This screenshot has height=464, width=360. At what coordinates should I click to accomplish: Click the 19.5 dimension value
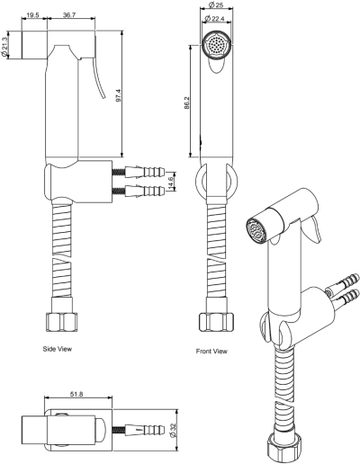32,14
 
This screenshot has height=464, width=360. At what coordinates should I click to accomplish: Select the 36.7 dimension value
69,14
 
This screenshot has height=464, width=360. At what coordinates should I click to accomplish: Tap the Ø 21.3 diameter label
4,47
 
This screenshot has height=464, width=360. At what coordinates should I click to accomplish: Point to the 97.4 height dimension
118,95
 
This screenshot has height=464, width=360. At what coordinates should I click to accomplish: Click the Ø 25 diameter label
216,4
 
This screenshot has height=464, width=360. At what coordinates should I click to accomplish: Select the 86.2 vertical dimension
187,103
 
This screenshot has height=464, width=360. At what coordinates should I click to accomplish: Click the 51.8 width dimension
76,395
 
